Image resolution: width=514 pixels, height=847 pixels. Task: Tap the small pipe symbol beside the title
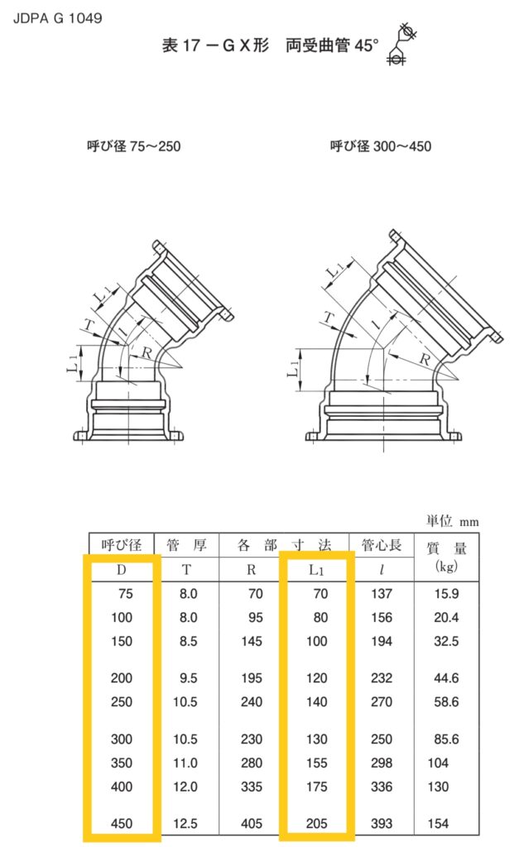[x=402, y=45]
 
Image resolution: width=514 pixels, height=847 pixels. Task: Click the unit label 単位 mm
[x=453, y=521]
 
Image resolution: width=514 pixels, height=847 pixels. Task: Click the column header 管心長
[x=382, y=545]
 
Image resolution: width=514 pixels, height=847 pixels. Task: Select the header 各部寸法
[x=284, y=545]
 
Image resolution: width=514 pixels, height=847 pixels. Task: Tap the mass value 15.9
[x=447, y=593]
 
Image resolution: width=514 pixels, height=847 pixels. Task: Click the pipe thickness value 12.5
[x=188, y=824]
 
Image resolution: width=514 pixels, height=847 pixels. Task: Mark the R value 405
[x=251, y=824]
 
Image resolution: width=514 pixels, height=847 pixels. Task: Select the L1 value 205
[x=315, y=824]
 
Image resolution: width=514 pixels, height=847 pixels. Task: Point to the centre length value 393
[x=382, y=824]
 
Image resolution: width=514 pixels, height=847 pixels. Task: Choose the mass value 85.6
[x=447, y=739]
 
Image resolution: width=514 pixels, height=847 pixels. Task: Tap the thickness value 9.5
[x=188, y=678]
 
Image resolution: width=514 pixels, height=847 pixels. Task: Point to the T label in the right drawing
[x=328, y=318]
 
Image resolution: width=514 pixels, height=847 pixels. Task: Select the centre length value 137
[x=382, y=593]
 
